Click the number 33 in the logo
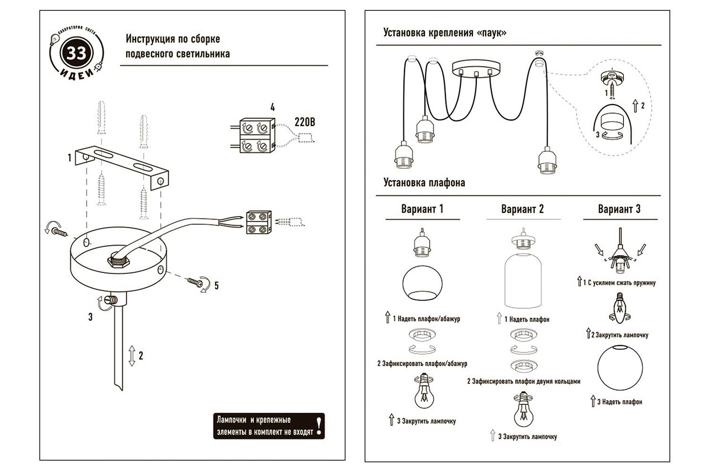(x=76, y=53)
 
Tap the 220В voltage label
(x=304, y=122)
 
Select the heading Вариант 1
(x=422, y=209)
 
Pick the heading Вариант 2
(x=522, y=209)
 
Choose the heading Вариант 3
(x=619, y=209)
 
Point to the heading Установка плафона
(x=424, y=183)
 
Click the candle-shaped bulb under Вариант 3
(x=619, y=307)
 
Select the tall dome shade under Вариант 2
(x=523, y=282)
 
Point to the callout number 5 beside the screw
(x=216, y=286)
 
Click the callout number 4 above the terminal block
(x=272, y=108)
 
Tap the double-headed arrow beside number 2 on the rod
(x=131, y=355)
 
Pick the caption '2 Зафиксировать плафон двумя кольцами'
(x=524, y=381)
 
